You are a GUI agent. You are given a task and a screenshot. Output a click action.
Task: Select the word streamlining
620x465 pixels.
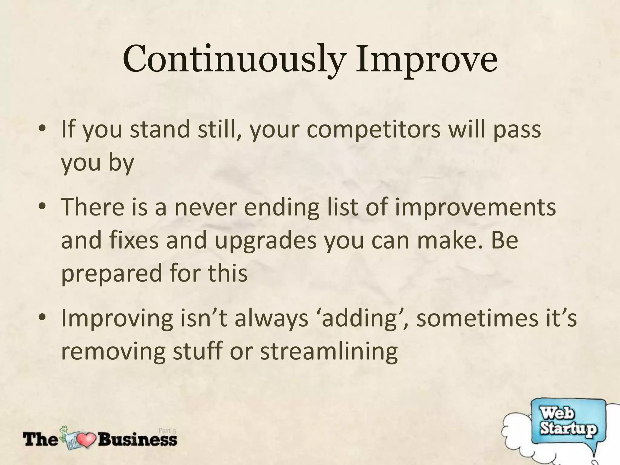click(329, 352)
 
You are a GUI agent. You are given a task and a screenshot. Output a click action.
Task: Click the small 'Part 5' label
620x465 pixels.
click(167, 430)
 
